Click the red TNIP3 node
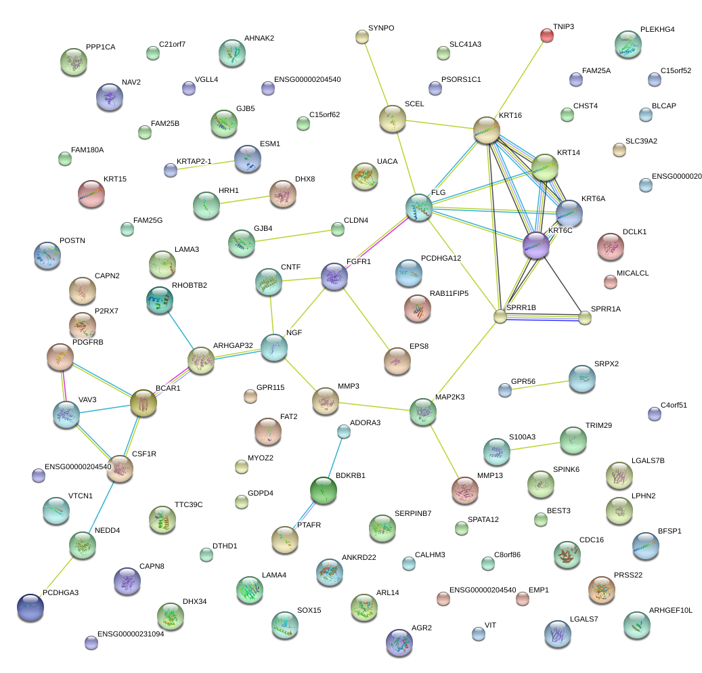[547, 35]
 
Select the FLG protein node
[419, 207]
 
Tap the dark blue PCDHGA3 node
[30, 607]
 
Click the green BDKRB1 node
[323, 490]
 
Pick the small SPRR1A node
[585, 317]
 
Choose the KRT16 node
[487, 130]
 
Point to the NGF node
[274, 347]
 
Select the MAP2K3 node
[423, 412]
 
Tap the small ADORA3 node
[344, 431]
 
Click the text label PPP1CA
[101, 47]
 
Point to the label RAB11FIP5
[449, 293]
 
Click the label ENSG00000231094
[131, 634]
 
